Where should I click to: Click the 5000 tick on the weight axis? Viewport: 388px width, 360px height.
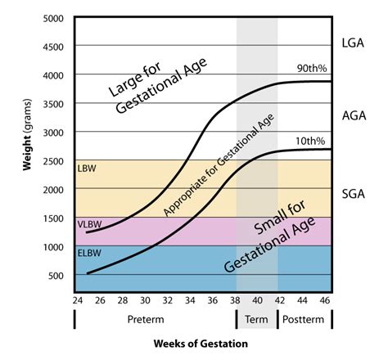pyautogui.click(x=55, y=18)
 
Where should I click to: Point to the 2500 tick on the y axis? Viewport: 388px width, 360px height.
pyautogui.click(x=55, y=160)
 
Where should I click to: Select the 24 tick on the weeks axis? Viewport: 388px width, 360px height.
pyautogui.click(x=75, y=301)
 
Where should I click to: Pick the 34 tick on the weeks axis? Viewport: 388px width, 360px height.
pyautogui.click(x=190, y=301)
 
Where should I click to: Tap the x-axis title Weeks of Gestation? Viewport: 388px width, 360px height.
pyautogui.click(x=201, y=344)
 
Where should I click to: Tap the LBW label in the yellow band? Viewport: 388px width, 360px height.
pyautogui.click(x=86, y=169)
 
